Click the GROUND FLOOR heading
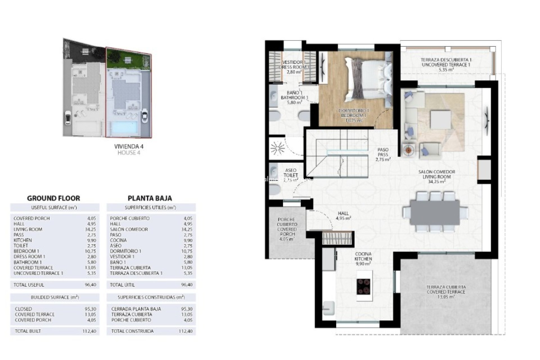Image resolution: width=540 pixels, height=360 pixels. click(x=53, y=198)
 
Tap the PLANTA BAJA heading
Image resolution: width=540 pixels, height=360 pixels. click(x=150, y=198)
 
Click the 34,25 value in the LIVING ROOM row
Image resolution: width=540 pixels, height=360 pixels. click(x=90, y=229)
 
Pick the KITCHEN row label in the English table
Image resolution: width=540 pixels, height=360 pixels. click(x=23, y=240)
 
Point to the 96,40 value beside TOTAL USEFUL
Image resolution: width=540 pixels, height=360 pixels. click(x=90, y=285)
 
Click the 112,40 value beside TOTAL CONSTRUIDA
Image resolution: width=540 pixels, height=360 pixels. click(x=186, y=331)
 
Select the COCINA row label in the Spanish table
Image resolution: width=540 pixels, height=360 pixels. click(x=118, y=240)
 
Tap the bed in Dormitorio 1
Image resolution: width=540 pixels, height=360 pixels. click(x=366, y=79)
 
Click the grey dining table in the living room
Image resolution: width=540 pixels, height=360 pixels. click(x=435, y=212)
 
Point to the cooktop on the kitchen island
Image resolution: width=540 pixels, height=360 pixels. click(x=363, y=286)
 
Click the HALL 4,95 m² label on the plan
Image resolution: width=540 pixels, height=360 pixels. click(x=343, y=216)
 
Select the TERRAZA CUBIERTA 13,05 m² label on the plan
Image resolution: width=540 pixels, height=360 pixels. click(x=446, y=292)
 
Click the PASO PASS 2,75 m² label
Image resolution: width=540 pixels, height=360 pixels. click(x=383, y=155)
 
